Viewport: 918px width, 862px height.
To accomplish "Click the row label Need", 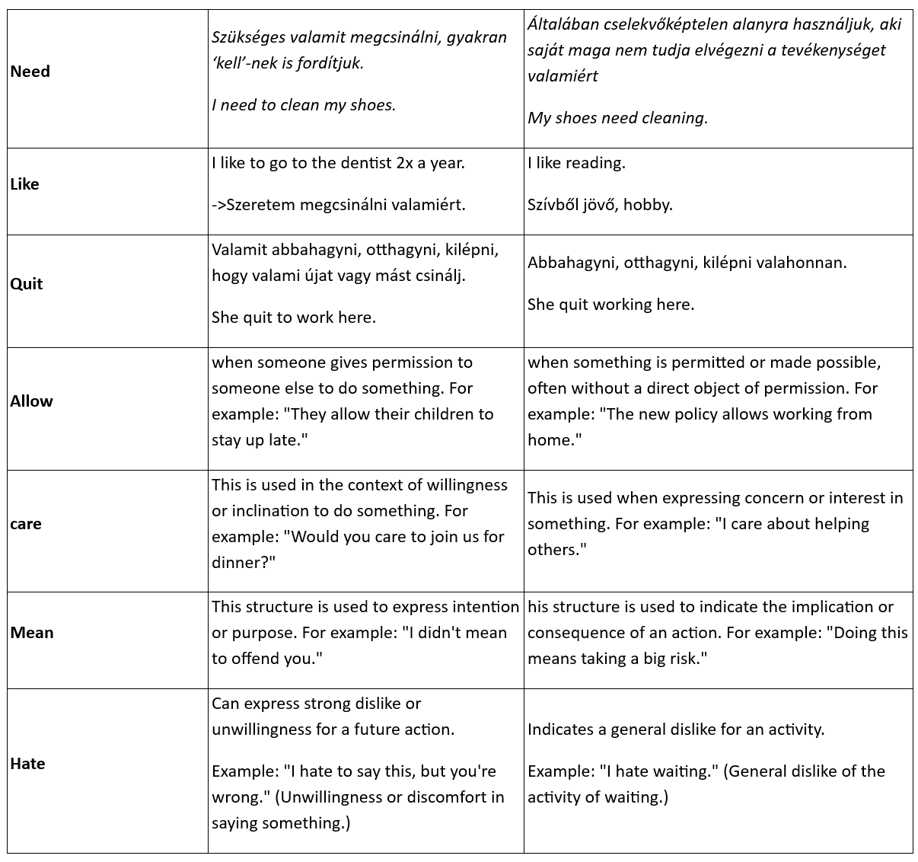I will click(x=30, y=72).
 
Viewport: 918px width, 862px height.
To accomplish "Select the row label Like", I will click(x=25, y=184).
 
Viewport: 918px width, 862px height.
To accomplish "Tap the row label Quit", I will click(x=27, y=284).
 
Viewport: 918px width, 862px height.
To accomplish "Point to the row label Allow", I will click(x=32, y=401).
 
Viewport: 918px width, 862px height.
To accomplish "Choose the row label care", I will click(x=26, y=524).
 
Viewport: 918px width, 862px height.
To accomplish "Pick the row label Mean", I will click(x=32, y=633).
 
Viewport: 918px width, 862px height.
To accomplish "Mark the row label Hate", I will click(x=28, y=764).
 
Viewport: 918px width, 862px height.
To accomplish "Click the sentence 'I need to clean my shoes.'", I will click(x=304, y=105).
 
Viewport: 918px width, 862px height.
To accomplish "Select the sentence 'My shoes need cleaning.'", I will click(x=617, y=118).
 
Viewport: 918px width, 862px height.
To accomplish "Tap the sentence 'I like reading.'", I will click(x=576, y=163).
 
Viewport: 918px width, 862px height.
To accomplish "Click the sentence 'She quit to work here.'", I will click(x=294, y=318).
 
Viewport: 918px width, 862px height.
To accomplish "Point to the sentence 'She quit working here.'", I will click(x=610, y=305).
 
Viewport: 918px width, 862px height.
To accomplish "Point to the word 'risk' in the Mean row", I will click(x=687, y=659).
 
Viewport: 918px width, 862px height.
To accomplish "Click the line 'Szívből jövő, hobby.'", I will click(x=600, y=205).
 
